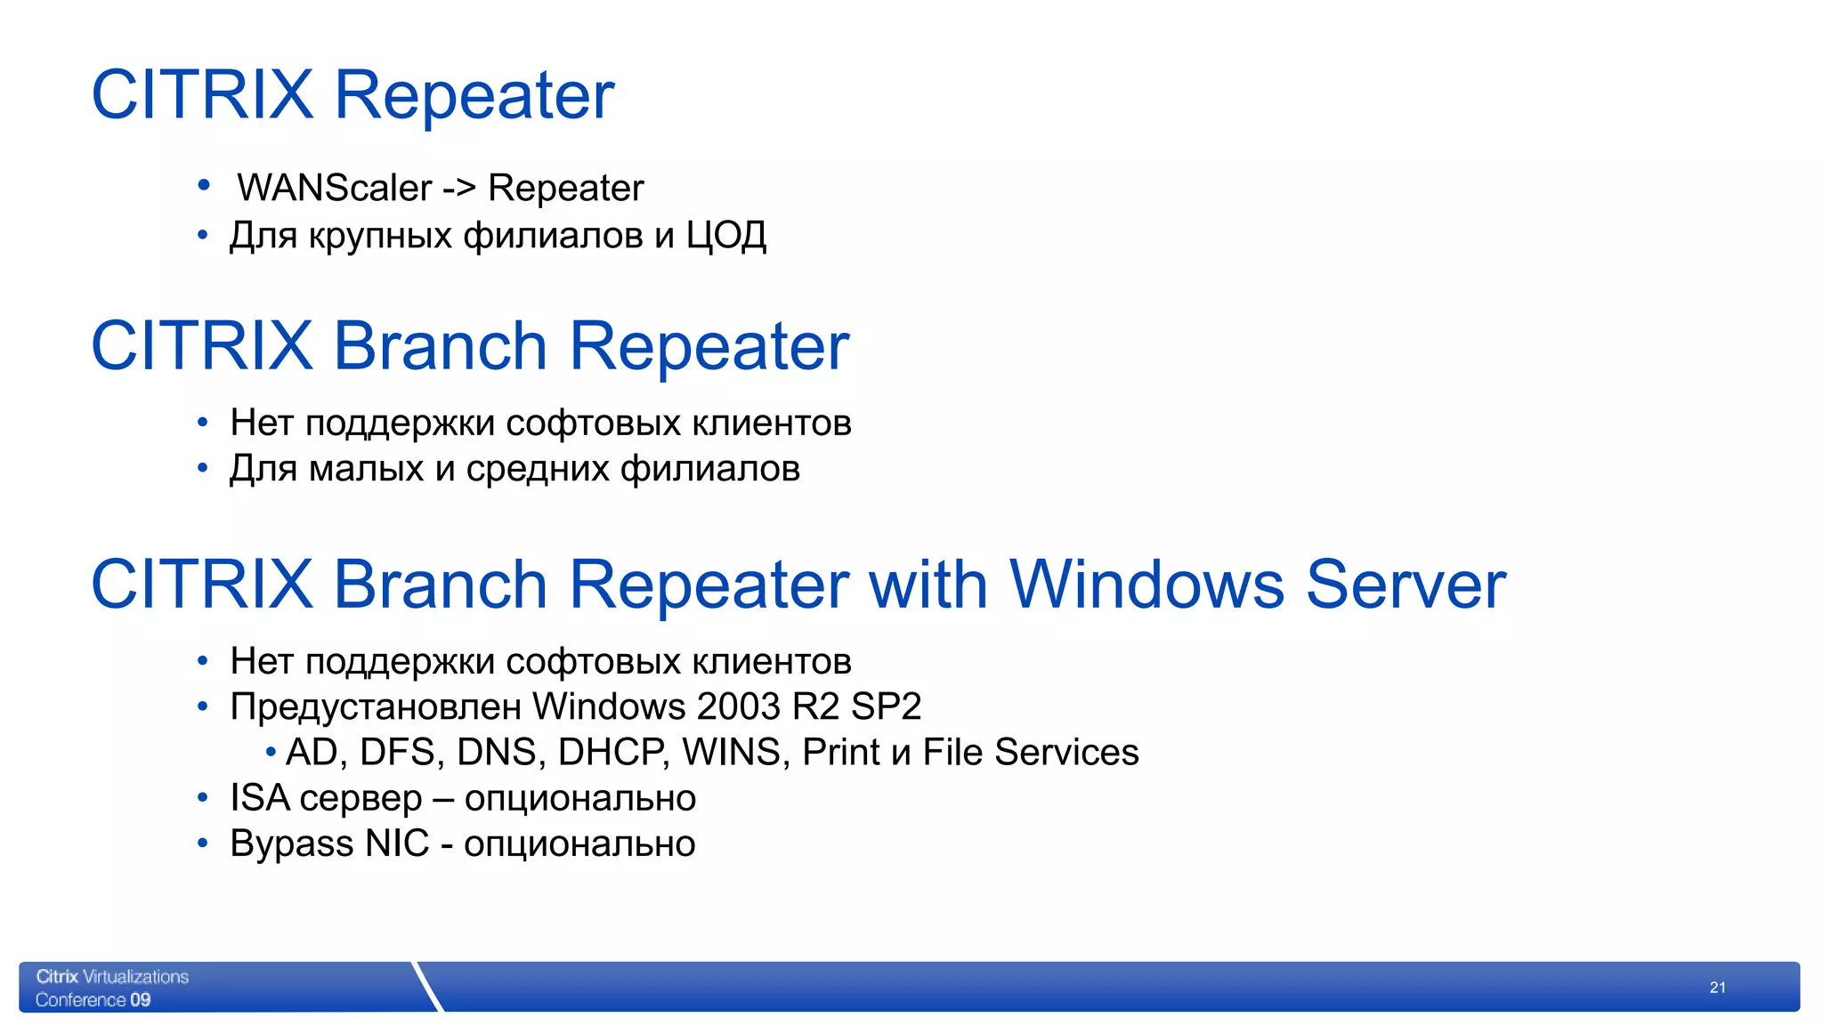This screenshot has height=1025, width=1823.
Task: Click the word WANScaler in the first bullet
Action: pyautogui.click(x=335, y=188)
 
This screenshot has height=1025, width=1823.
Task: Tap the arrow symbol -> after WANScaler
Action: pyautogui.click(x=459, y=189)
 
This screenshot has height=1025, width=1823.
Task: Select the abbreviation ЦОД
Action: pyautogui.click(x=725, y=236)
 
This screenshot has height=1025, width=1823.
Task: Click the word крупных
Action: pyautogui.click(x=380, y=237)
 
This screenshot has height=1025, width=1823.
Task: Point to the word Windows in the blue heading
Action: pyautogui.click(x=1146, y=585)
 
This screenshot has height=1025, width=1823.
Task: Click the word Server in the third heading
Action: pyautogui.click(x=1406, y=585)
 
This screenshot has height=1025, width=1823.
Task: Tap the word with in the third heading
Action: pyautogui.click(x=928, y=585)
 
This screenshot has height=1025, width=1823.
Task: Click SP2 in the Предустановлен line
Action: pyautogui.click(x=886, y=706)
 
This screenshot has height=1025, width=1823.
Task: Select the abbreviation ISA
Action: pyautogui.click(x=260, y=798)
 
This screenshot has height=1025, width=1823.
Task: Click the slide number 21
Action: pyautogui.click(x=1717, y=988)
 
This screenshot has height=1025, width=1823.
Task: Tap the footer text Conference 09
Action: pyautogui.click(x=93, y=1000)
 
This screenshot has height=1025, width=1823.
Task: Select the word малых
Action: pyautogui.click(x=366, y=469)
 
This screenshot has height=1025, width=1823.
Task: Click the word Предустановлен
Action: pyautogui.click(x=376, y=706)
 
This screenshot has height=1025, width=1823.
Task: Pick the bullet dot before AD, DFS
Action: pyautogui.click(x=271, y=753)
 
